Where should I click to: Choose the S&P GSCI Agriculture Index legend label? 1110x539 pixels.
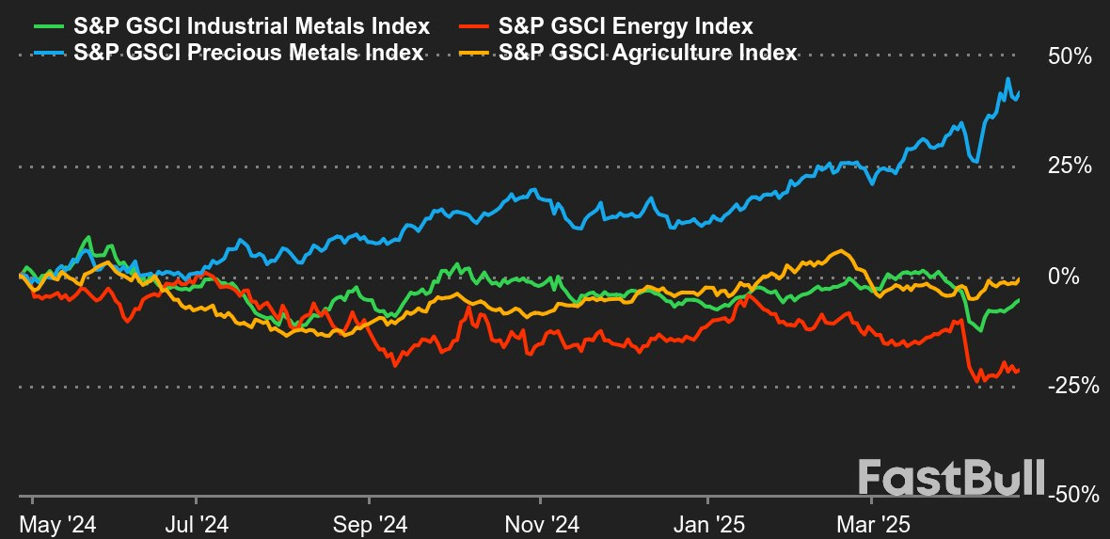coord(649,53)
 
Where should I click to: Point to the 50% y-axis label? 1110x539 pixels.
coord(1070,57)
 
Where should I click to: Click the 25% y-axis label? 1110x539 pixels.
coord(1070,166)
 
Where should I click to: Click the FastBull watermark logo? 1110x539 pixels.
coord(952,477)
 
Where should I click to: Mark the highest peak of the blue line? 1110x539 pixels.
coord(1009,79)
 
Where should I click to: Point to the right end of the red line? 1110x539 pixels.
coord(1019,370)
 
